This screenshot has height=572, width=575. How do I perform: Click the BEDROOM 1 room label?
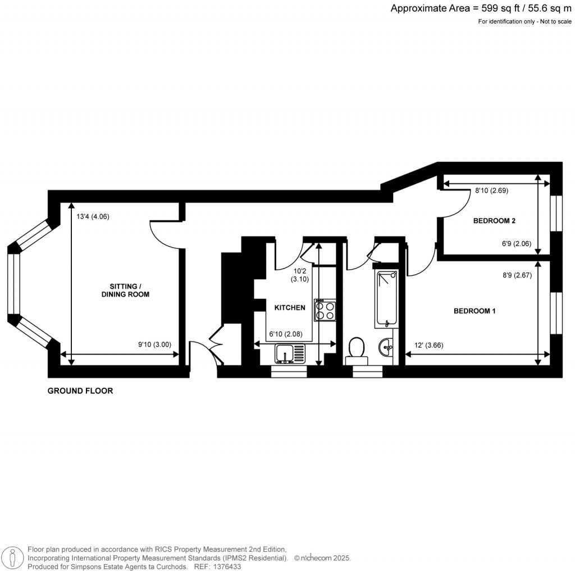coord(474,311)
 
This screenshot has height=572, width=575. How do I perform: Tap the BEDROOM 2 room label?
coord(494,221)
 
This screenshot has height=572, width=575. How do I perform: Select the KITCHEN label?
coord(290,307)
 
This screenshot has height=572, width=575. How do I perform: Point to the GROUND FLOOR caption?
coord(80,391)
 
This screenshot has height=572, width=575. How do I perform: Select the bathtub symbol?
coord(386,298)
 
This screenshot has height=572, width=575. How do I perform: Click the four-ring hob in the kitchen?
coord(325,310)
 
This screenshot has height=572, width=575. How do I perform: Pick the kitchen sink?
coord(290,354)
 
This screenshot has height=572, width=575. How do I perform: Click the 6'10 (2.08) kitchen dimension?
coord(286,334)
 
